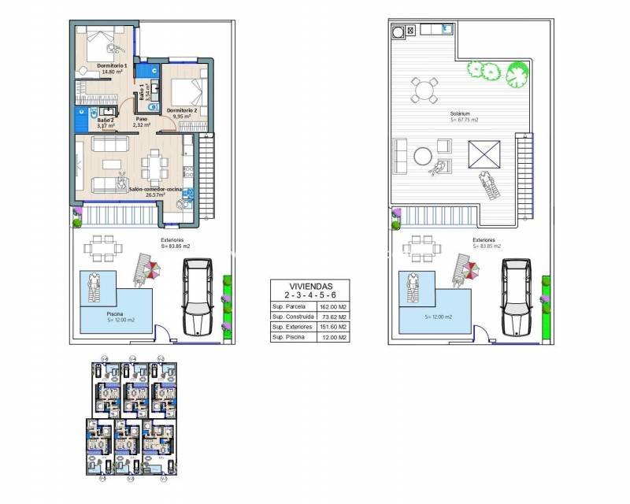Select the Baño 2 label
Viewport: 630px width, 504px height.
(x=106, y=120)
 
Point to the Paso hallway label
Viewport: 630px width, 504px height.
(x=142, y=120)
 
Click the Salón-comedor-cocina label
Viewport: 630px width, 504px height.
(x=150, y=189)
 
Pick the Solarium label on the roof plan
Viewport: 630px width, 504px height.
(x=465, y=115)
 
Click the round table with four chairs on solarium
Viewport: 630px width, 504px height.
(x=424, y=89)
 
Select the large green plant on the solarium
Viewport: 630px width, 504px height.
(x=517, y=77)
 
